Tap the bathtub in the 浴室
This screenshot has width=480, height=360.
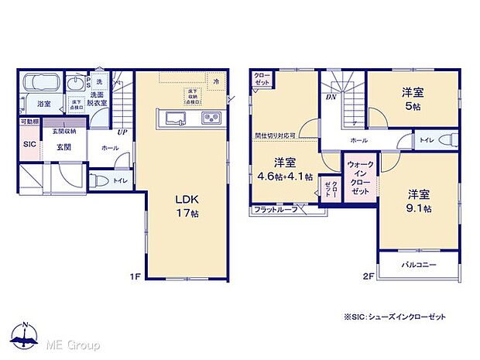coord(40,83)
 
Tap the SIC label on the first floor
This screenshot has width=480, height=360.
coord(29,144)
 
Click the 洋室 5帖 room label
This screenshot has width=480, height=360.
coord(412,98)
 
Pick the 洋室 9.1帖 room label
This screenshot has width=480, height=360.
coord(417,201)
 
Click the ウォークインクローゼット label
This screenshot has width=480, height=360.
coord(358,177)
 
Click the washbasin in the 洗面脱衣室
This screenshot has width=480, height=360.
coord(75,83)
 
